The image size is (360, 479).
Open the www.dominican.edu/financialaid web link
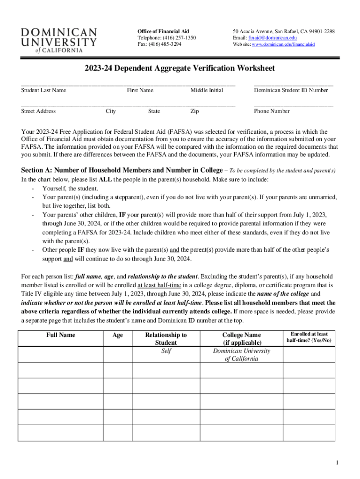coord(283,44)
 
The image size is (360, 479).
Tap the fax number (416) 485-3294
coord(165,44)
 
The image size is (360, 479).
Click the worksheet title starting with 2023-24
coord(180,68)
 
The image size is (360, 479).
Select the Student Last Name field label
coord(44,90)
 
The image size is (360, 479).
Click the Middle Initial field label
coord(207,90)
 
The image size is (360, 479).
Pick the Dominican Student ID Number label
coord(291,90)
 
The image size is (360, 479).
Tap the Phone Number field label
coord(272,111)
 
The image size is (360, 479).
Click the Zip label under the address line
coord(194,111)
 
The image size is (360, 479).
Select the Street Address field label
coord(38,111)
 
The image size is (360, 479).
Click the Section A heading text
coord(110,170)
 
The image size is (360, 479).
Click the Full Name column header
coord(60,335)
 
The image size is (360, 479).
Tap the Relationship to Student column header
coord(166,339)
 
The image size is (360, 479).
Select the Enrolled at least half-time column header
coord(309,337)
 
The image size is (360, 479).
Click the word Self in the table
coord(166,351)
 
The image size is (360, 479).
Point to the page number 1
coord(337,463)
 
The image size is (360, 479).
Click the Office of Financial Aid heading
coord(163,31)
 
